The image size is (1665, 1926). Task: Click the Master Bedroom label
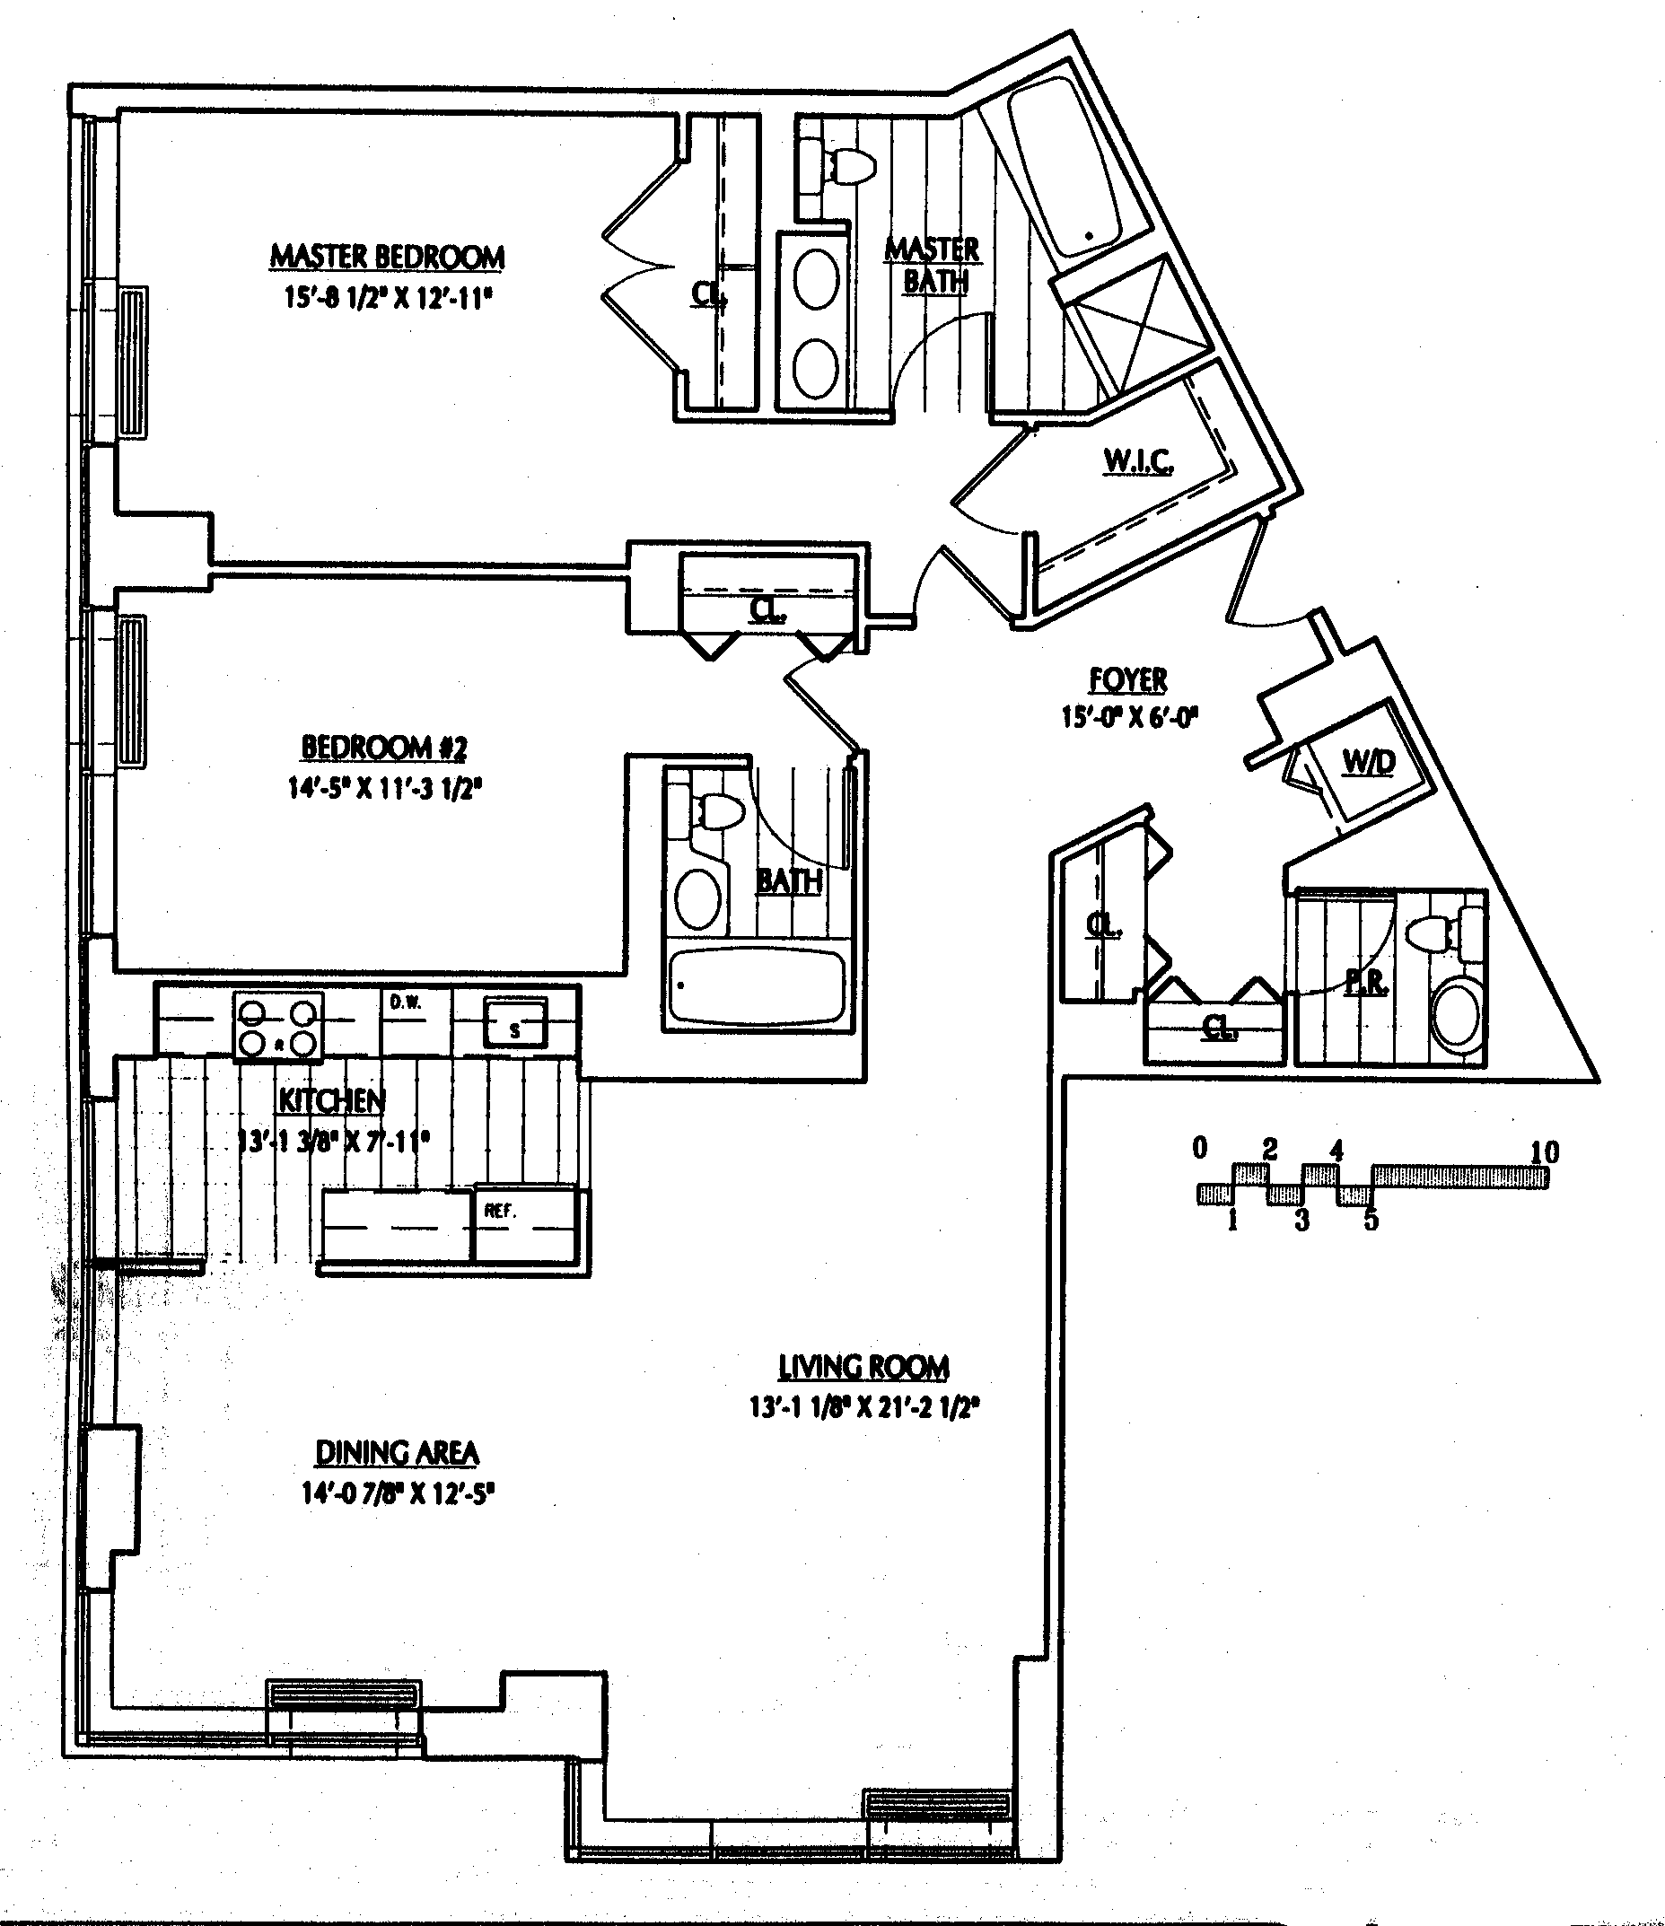(x=387, y=257)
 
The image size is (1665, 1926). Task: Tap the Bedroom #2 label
(x=384, y=748)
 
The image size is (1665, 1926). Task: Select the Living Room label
(x=863, y=1368)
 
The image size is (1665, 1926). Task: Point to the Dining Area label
(x=397, y=1453)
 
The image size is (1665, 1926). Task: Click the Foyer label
(x=1128, y=680)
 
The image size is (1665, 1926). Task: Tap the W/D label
(x=1369, y=763)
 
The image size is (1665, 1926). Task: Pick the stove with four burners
(x=277, y=1026)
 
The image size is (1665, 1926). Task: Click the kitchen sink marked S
(x=514, y=1024)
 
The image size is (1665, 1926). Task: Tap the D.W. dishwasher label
(x=407, y=1002)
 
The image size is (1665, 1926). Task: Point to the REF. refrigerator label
(x=500, y=1212)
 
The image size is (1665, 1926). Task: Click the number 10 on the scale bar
(x=1544, y=1152)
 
